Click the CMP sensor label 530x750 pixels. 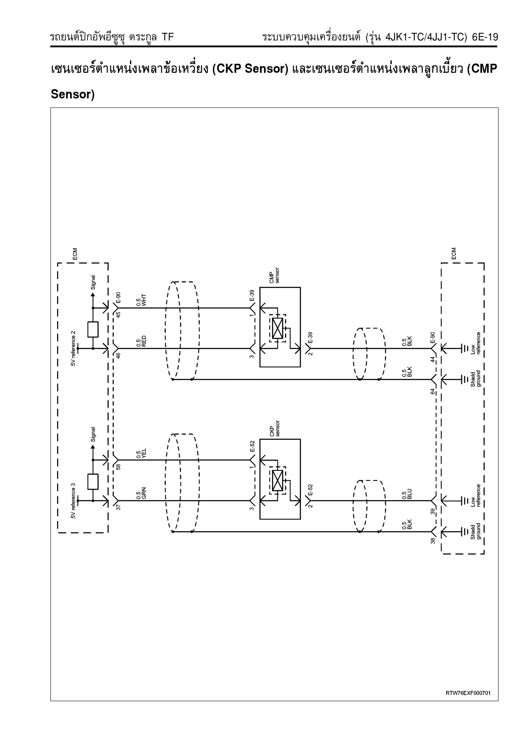click(x=274, y=275)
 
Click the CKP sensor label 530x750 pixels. click(x=274, y=428)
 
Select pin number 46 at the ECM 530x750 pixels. click(x=118, y=355)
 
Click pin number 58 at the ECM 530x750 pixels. click(x=118, y=467)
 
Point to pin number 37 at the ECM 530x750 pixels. click(x=118, y=507)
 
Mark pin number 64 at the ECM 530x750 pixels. click(x=433, y=391)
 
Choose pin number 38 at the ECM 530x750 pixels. click(x=433, y=541)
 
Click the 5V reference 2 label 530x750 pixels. click(x=73, y=348)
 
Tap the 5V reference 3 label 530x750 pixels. click(x=73, y=500)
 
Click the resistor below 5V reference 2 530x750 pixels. click(x=93, y=329)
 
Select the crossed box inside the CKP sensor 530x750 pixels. click(x=277, y=480)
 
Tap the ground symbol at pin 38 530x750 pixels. click(x=464, y=531)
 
